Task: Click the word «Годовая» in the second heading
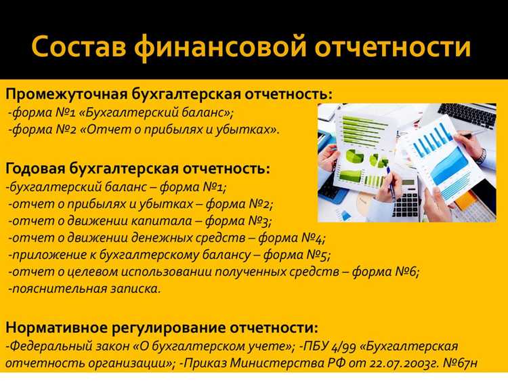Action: click(x=40, y=167)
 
